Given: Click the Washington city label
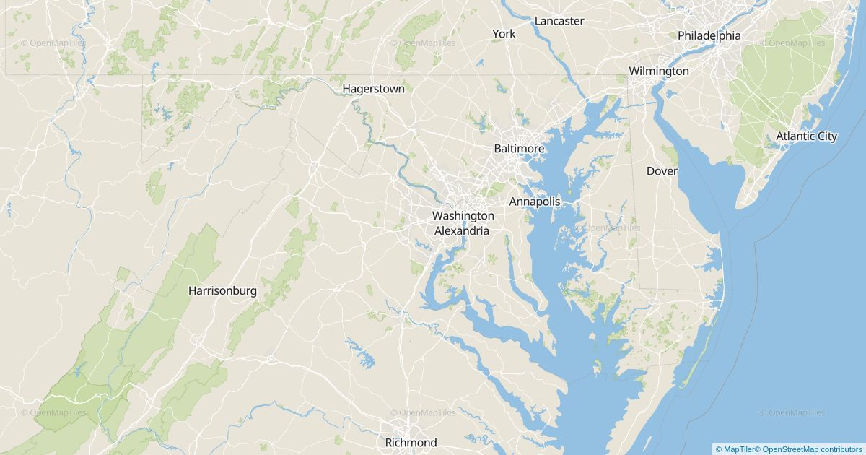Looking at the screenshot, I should (x=463, y=215).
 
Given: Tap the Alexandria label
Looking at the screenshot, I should (x=461, y=231).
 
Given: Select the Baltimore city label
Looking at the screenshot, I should (x=518, y=149).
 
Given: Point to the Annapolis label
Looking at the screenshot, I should (x=534, y=201).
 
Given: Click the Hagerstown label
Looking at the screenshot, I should (x=373, y=89).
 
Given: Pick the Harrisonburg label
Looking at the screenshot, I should (x=222, y=291).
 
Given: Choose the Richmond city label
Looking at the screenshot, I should (x=411, y=442).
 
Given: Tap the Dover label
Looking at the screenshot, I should (x=661, y=171).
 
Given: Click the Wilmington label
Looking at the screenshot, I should (x=658, y=71).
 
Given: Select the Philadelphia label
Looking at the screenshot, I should (x=709, y=35).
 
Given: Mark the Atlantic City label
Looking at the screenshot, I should (x=806, y=136).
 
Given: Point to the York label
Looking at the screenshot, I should (x=504, y=34).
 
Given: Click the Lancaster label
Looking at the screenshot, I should (x=559, y=21).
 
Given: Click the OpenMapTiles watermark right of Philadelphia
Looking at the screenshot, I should (x=792, y=43).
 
